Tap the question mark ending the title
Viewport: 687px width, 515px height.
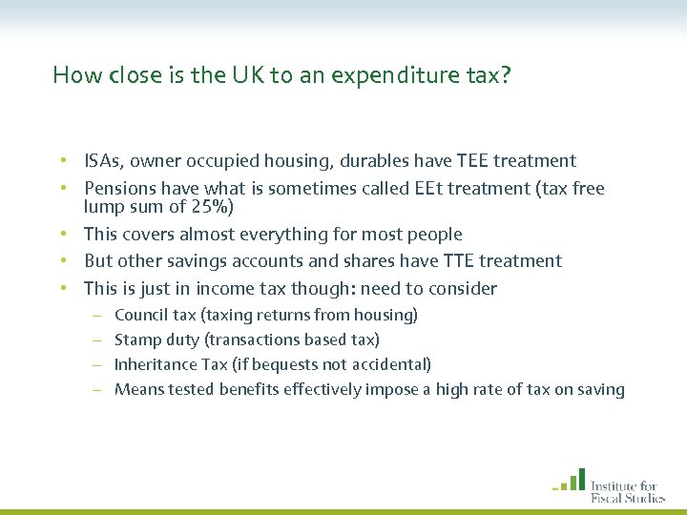click(506, 75)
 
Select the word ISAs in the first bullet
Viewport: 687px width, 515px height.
click(102, 161)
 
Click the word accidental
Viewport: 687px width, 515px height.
click(393, 364)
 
